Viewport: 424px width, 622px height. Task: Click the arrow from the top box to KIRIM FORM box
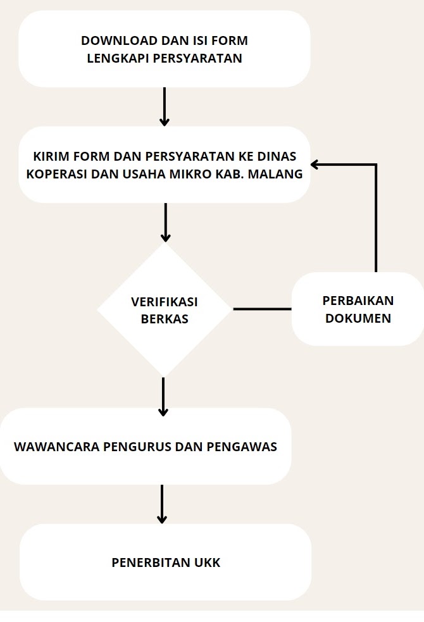point(164,107)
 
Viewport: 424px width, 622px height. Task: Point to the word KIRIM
point(48,156)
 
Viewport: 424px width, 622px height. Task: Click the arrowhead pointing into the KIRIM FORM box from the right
point(315,165)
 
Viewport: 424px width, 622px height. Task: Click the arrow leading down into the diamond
point(165,223)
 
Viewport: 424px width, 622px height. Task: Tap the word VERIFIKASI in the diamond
point(164,302)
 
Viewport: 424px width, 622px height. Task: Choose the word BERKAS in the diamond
point(165,319)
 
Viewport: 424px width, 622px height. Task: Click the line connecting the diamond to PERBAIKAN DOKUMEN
point(262,309)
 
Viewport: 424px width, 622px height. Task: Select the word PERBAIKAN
point(358,301)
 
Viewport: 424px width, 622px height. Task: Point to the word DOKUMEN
point(358,318)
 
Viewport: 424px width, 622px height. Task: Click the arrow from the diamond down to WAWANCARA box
point(163,397)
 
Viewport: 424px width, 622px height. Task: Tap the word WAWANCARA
point(57,447)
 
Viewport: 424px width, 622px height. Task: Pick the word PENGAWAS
point(242,447)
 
